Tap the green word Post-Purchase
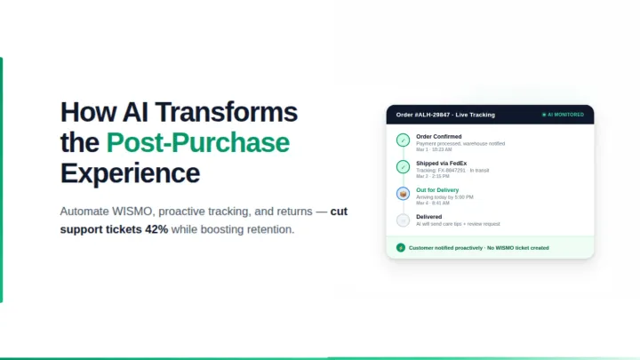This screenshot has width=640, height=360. [x=197, y=142]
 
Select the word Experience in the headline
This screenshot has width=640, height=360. [x=130, y=172]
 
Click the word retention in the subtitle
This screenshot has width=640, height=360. [x=263, y=229]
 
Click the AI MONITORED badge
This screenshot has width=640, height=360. [x=563, y=115]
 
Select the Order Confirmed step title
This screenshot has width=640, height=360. [x=438, y=136]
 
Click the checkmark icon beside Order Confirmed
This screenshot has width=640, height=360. [x=403, y=140]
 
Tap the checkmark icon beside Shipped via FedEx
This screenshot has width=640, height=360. [x=403, y=166]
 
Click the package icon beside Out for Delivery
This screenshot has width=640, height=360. [x=403, y=193]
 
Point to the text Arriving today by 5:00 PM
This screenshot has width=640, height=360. [x=444, y=196]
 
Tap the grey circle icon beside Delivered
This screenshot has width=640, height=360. [x=403, y=220]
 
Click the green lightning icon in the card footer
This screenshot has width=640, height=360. [x=401, y=247]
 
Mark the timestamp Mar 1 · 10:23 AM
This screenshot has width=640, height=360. [x=434, y=149]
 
